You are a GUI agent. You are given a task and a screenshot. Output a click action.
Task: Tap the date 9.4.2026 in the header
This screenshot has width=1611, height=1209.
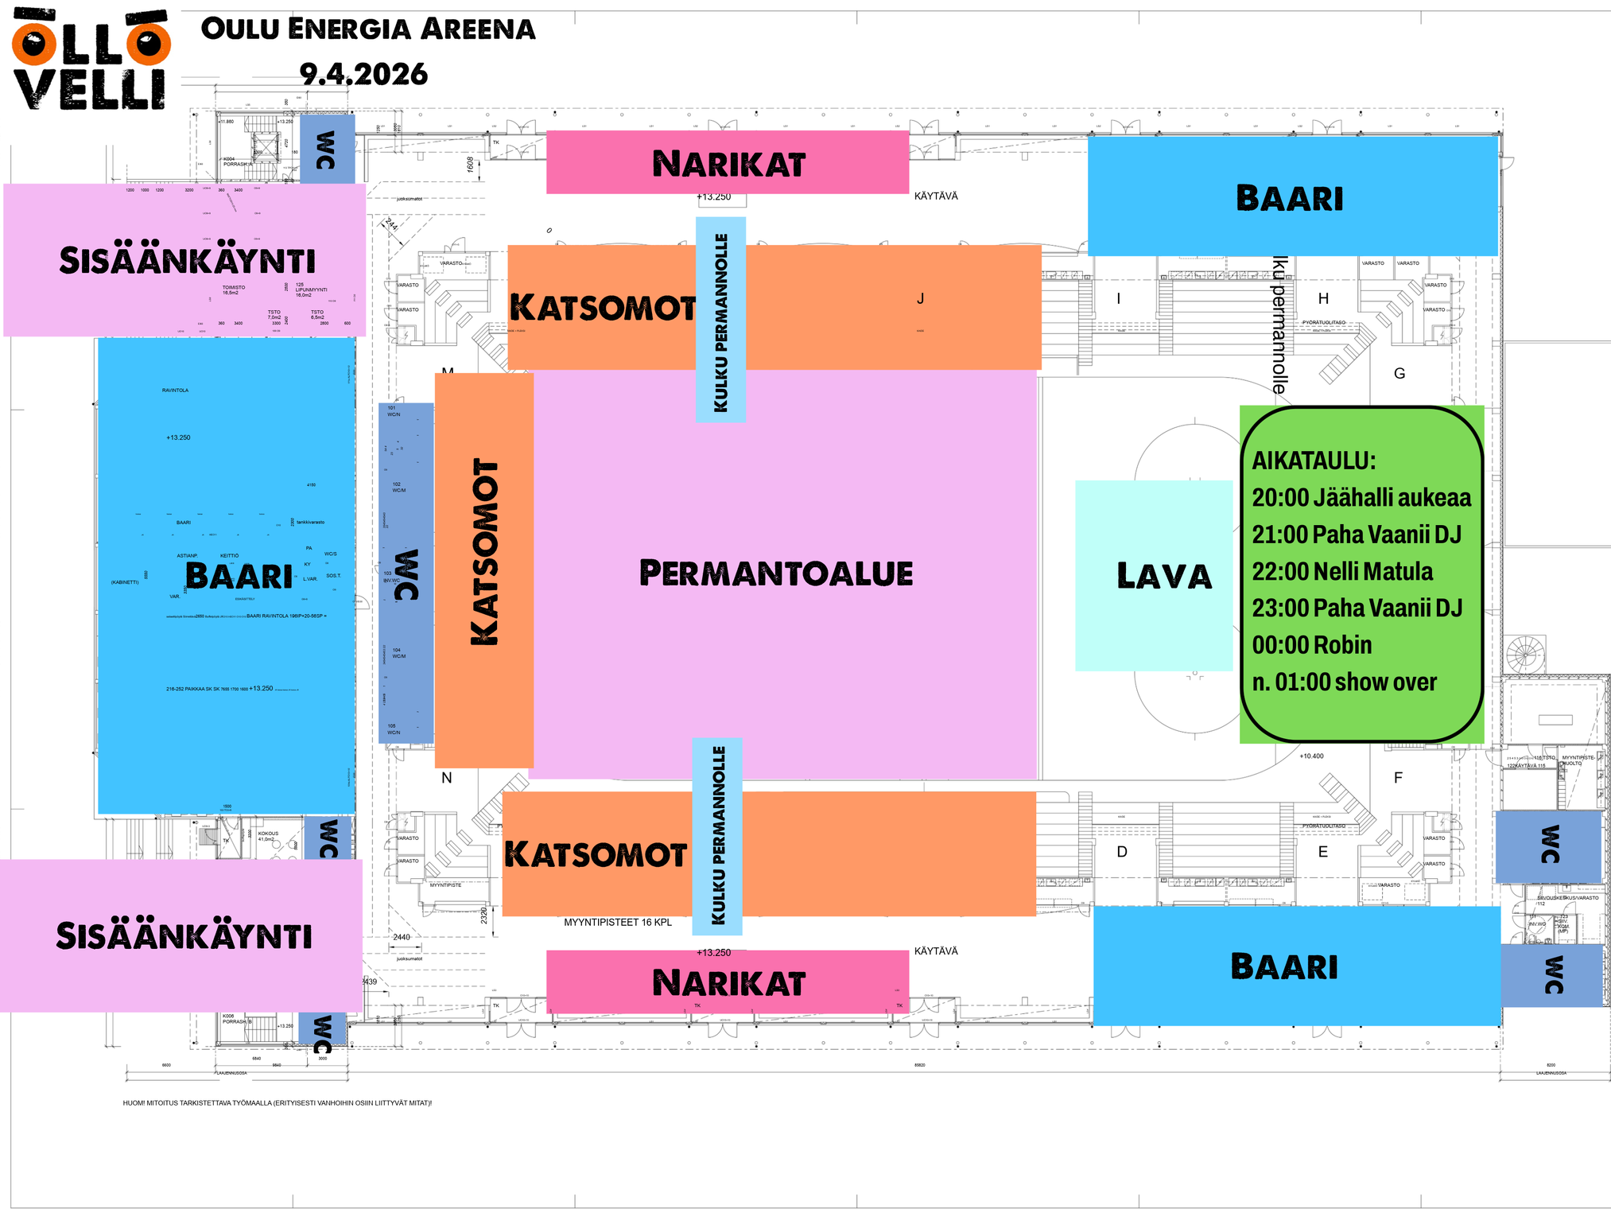coord(363,75)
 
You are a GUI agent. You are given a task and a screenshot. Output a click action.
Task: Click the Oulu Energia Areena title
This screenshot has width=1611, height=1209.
coord(367,29)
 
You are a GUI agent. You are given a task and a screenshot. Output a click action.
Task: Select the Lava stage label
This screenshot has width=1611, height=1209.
coord(1163,576)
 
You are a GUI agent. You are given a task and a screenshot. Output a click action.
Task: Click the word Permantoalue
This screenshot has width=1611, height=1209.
coord(776,573)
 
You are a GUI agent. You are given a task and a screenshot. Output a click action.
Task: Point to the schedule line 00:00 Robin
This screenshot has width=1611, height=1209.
coord(1312,644)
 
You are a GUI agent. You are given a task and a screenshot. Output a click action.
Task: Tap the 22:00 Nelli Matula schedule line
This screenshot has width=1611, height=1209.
coord(1342,571)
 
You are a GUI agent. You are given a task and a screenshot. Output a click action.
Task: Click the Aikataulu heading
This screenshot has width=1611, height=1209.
coord(1314,461)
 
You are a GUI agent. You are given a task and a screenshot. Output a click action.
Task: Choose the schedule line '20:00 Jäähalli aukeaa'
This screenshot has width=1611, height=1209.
coord(1361,498)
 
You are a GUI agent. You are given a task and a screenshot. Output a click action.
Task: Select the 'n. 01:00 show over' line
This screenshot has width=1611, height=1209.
coord(1344,682)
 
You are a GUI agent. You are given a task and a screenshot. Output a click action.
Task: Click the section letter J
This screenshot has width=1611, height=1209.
coord(920,299)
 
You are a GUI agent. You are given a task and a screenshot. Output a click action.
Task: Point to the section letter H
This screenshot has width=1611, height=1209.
coord(1323,299)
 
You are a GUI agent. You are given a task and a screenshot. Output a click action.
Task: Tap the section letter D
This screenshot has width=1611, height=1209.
coord(1122,852)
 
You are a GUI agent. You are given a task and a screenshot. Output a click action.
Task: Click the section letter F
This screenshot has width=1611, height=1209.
coord(1398,778)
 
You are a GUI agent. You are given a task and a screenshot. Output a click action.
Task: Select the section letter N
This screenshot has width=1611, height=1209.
coord(447,778)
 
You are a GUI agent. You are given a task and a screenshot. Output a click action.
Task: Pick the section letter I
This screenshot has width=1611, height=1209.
coord(1119,299)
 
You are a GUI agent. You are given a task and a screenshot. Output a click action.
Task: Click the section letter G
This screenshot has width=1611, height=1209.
coord(1399,373)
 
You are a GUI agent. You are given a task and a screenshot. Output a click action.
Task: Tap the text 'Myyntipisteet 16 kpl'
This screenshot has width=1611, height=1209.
coord(618,923)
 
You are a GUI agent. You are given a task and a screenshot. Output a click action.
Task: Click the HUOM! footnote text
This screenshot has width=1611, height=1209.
coord(277,1103)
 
